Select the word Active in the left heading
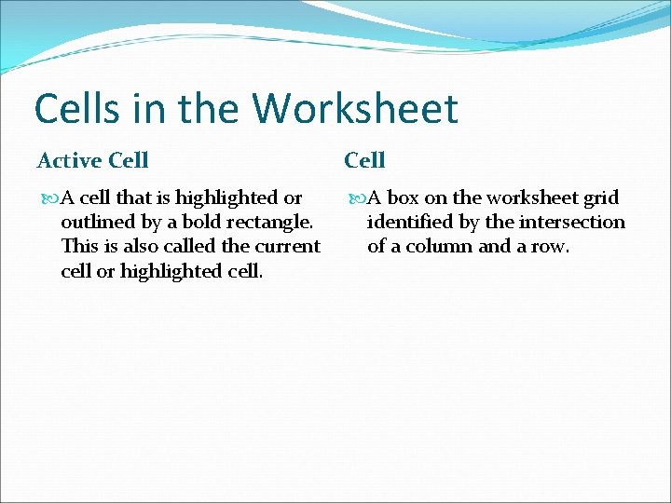[69, 160]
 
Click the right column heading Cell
[364, 160]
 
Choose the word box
[403, 197]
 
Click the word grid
[601, 197]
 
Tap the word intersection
[578, 223]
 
